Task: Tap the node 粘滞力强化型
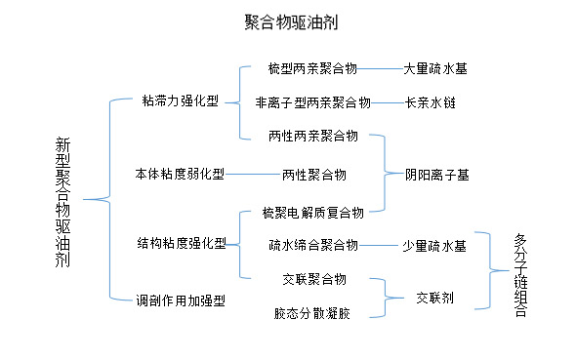pyautogui.click(x=180, y=100)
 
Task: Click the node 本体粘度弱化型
pyautogui.click(x=180, y=174)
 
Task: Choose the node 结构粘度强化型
pyautogui.click(x=182, y=243)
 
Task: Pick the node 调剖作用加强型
pyautogui.click(x=182, y=300)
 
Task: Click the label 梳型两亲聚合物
pyautogui.click(x=311, y=69)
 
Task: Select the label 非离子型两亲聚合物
pyautogui.click(x=312, y=102)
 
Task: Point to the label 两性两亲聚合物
pyautogui.click(x=312, y=136)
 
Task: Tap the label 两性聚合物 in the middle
pyautogui.click(x=313, y=175)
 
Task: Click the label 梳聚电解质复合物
pyautogui.click(x=313, y=211)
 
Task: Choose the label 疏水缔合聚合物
pyautogui.click(x=312, y=244)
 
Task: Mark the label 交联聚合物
pyautogui.click(x=312, y=279)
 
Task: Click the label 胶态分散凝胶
pyautogui.click(x=312, y=314)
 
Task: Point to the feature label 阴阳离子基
pyautogui.click(x=437, y=175)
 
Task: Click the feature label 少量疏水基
pyautogui.click(x=434, y=245)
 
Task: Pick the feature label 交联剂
pyautogui.click(x=434, y=297)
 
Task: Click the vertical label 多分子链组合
pyautogui.click(x=520, y=276)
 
